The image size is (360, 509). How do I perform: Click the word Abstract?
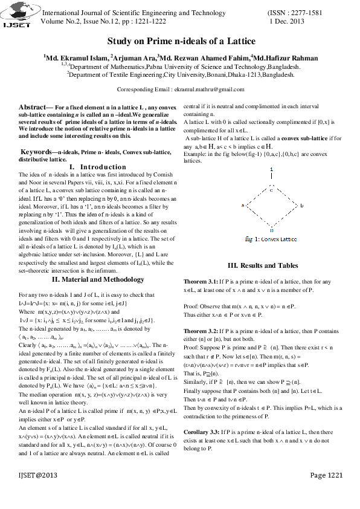click(33, 106)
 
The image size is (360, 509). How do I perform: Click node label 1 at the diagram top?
click(272, 168)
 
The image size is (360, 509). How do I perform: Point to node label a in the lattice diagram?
click(243, 206)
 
